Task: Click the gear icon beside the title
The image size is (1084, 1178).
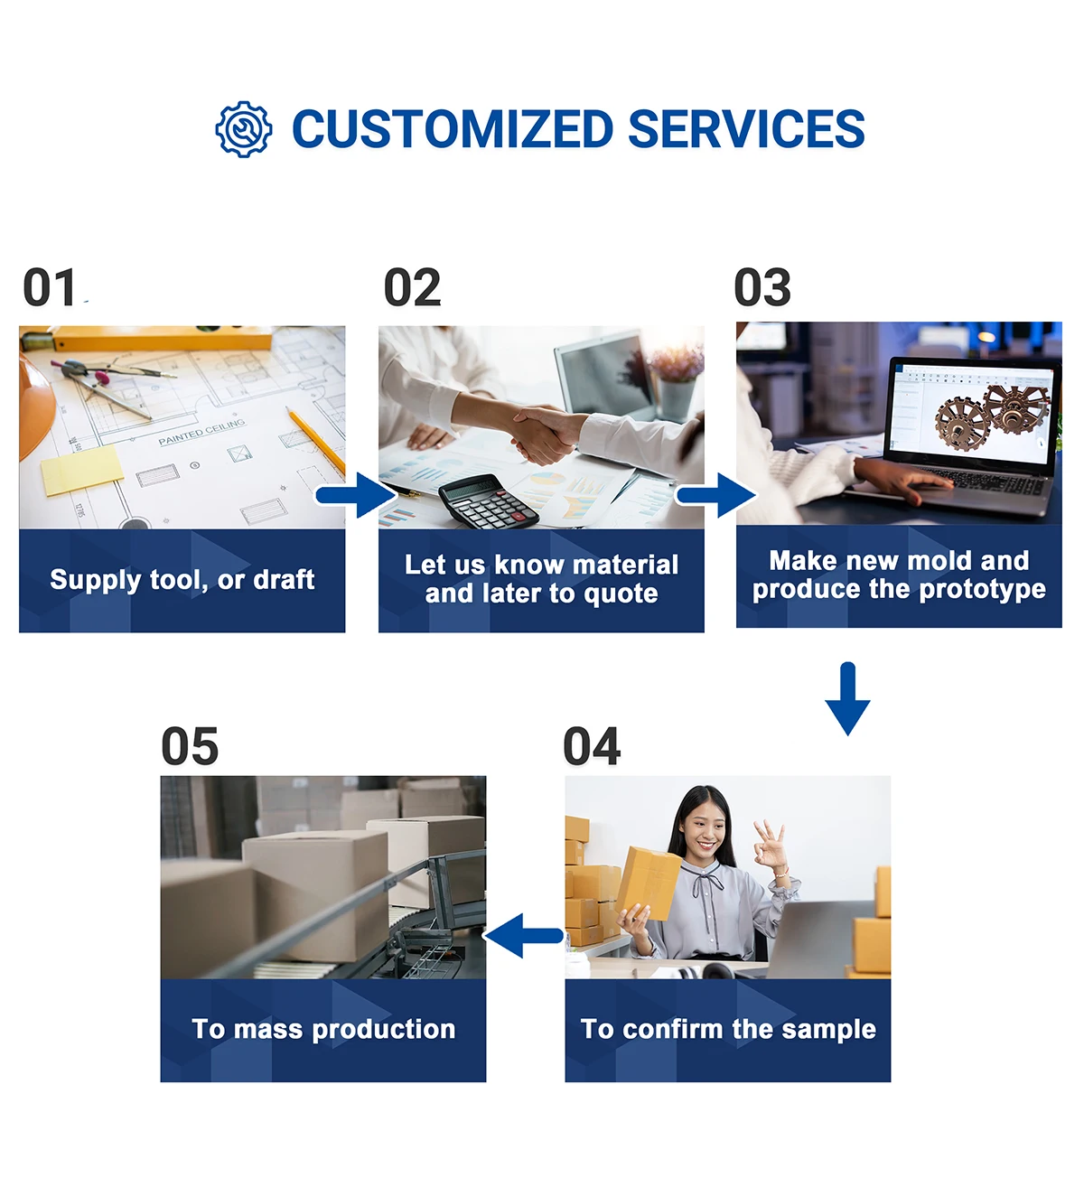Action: [x=243, y=129]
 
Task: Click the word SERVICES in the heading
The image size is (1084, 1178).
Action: [x=745, y=129]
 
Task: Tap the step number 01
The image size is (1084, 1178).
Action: [x=50, y=288]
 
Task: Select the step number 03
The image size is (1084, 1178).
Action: [x=762, y=288]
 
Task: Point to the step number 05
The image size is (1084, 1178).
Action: [x=190, y=747]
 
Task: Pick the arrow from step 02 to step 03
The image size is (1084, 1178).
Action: [x=716, y=495]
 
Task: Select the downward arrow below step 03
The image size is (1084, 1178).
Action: [x=847, y=698]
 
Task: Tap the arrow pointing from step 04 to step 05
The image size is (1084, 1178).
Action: [x=525, y=935]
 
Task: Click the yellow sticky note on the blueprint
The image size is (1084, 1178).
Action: [x=82, y=470]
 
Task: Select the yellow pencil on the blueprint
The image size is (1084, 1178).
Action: [x=316, y=442]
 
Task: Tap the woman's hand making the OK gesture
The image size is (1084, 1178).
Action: [x=770, y=846]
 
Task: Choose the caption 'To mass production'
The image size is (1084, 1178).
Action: [x=323, y=1029]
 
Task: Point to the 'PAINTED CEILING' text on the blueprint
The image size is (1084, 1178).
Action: [x=201, y=433]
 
